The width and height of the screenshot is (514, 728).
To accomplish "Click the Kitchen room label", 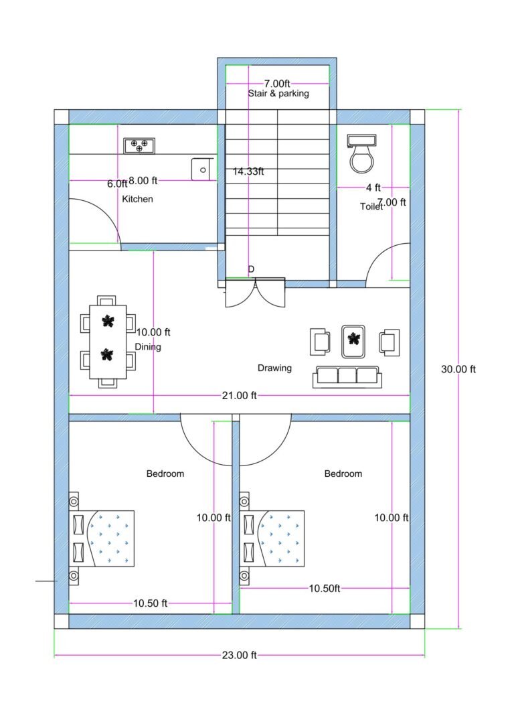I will pyautogui.click(x=137, y=199).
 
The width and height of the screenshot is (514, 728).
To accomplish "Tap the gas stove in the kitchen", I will pyautogui.click(x=139, y=145).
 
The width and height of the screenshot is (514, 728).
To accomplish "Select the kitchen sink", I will pyautogui.click(x=201, y=169).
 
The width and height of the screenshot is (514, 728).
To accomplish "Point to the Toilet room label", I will pyautogui.click(x=371, y=207).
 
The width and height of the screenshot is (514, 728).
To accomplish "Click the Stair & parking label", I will pyautogui.click(x=278, y=94).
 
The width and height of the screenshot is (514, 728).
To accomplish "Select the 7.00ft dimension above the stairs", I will pyautogui.click(x=276, y=83).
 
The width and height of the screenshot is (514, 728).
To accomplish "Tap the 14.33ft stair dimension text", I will pyautogui.click(x=248, y=171).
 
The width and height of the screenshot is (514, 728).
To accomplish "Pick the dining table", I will pyautogui.click(x=108, y=342).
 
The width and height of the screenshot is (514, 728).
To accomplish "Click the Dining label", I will pyautogui.click(x=148, y=347).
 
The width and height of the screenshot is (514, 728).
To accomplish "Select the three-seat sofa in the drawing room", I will pyautogui.click(x=347, y=376).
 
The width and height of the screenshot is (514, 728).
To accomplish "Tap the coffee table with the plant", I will pyautogui.click(x=353, y=340).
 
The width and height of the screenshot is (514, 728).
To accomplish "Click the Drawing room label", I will pyautogui.click(x=274, y=368).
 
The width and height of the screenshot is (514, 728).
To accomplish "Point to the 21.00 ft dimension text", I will pyautogui.click(x=239, y=395).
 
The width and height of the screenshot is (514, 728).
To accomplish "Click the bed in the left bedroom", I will pyautogui.click(x=102, y=537).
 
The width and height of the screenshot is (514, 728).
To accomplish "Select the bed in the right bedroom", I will pyautogui.click(x=272, y=537).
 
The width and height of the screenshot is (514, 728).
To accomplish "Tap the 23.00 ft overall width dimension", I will pyautogui.click(x=239, y=655).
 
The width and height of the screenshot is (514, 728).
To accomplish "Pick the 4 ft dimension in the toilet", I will pyautogui.click(x=373, y=188).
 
